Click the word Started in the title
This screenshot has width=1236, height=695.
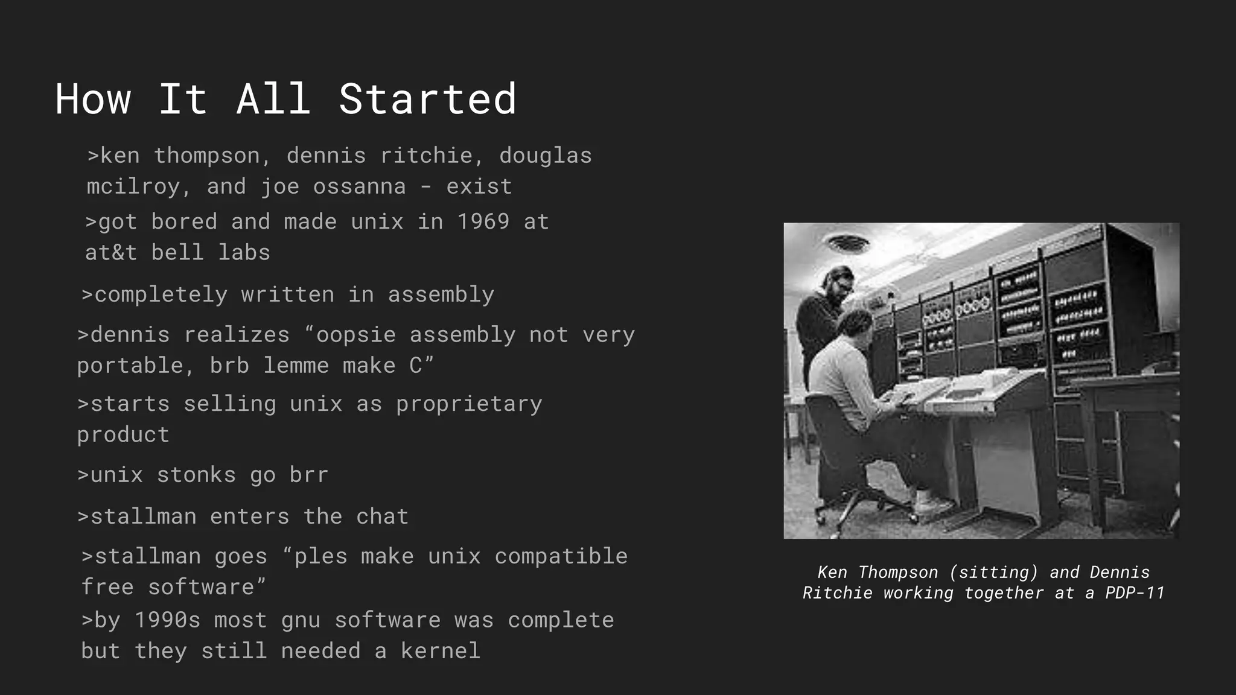point(427,100)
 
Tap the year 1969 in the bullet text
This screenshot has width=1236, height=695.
point(483,222)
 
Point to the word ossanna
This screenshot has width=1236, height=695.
point(359,187)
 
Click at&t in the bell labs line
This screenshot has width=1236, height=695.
point(111,253)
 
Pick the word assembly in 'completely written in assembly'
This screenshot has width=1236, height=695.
point(441,295)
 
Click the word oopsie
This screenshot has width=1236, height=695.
point(356,335)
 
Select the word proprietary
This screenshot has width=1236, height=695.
point(469,404)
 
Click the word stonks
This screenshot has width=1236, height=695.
point(196,475)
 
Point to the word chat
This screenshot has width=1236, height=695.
point(382,517)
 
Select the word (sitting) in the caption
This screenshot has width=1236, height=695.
point(993,573)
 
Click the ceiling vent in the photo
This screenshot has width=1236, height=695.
point(849,243)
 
